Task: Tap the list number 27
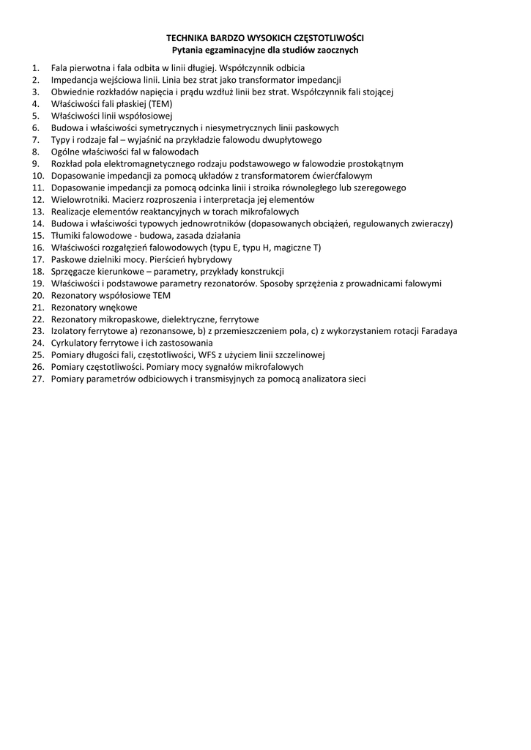point(38,379)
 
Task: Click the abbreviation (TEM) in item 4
point(160,103)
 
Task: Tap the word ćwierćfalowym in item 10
point(340,175)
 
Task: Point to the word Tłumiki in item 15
point(67,235)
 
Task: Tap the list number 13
point(38,211)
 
